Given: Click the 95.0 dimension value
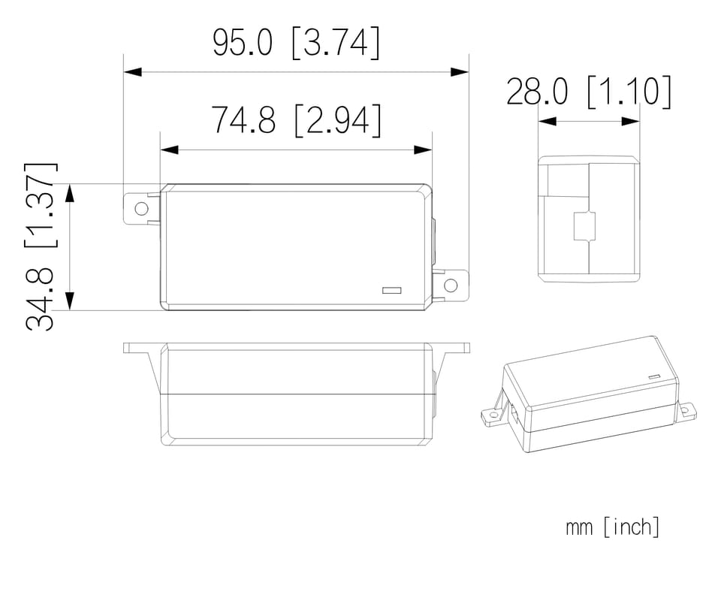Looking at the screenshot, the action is [243, 42].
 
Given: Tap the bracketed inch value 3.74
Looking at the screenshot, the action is [336, 43].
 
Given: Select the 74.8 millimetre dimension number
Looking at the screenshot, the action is [243, 119].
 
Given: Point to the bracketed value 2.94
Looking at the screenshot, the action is [338, 120].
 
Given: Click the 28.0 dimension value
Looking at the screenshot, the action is [536, 92].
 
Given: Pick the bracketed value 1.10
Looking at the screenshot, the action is [629, 92].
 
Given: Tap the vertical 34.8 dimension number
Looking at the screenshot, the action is [40, 299].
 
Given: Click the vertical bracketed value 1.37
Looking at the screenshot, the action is [41, 205].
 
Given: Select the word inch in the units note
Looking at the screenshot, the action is [632, 527].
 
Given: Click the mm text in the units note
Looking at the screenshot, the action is [579, 528].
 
